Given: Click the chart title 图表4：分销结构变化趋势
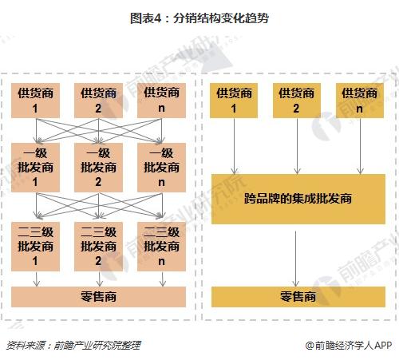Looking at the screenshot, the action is [x=199, y=18].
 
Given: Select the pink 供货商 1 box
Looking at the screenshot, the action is [x=35, y=101].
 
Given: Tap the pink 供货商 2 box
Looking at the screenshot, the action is [x=98, y=101].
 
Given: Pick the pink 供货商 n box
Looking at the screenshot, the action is [x=161, y=101].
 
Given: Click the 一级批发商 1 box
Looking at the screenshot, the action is [x=35, y=168].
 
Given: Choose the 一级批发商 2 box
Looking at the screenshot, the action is [x=98, y=168].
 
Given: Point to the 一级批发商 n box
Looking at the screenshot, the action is [x=161, y=168].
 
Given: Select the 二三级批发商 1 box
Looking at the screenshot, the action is [x=35, y=247].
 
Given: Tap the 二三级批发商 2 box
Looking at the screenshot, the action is [x=98, y=247].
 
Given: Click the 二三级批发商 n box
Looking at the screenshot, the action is [x=161, y=247].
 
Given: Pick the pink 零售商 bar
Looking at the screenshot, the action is [x=98, y=297].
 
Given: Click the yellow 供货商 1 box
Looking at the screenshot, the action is [x=234, y=101].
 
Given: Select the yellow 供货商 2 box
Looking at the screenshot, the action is [x=297, y=101].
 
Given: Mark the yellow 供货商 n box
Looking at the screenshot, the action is [x=360, y=101].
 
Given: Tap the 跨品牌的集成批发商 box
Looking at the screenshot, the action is [x=298, y=199].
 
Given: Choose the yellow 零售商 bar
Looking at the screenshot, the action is [x=298, y=297].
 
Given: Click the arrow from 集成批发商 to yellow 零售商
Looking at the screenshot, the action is [x=295, y=259].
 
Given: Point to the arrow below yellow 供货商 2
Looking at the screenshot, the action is [x=297, y=146].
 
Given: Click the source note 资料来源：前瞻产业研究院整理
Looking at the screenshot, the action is [x=73, y=346].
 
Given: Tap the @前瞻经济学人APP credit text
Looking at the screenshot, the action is [x=349, y=346].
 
